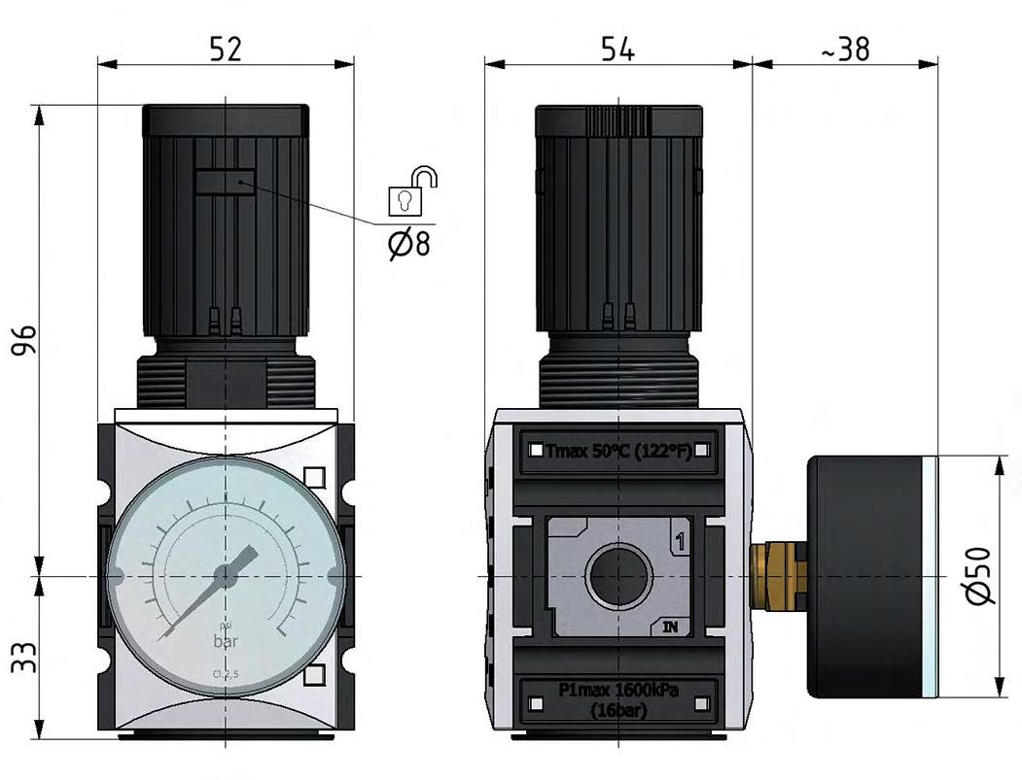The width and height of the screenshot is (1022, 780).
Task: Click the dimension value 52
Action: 225,49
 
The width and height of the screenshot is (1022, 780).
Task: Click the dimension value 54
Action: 617,49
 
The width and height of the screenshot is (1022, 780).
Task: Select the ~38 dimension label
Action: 845,49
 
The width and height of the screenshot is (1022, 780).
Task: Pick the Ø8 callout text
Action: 408,243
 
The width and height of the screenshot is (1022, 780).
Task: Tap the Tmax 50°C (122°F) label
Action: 618,451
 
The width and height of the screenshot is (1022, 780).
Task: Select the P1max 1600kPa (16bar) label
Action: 618,699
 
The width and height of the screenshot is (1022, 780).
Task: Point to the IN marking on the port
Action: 671,627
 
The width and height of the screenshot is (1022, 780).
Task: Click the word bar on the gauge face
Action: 226,642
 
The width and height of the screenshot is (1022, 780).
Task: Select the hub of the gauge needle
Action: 226,576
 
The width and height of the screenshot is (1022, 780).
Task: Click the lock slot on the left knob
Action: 226,182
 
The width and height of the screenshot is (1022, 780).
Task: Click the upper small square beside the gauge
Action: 313,477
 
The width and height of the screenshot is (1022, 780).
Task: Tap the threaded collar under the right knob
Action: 618,379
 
